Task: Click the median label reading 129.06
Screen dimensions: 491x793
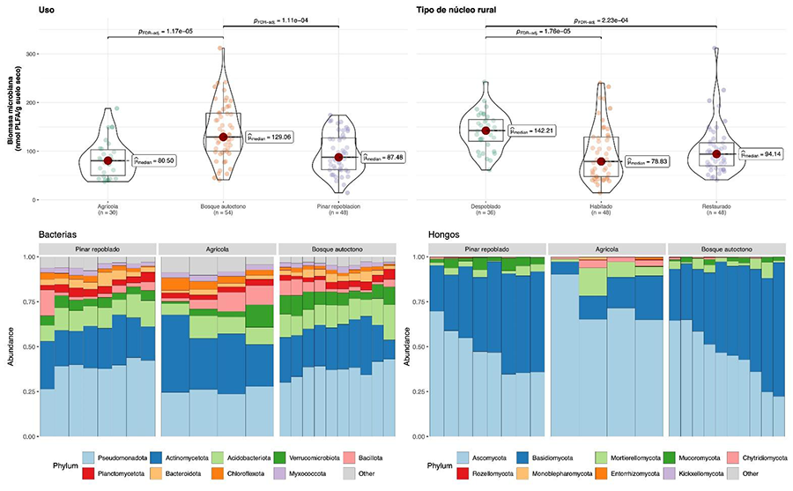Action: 269,138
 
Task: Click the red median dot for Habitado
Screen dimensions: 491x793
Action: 602,161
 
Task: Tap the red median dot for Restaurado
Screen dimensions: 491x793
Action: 716,153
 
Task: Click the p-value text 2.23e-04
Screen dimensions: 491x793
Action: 602,21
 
